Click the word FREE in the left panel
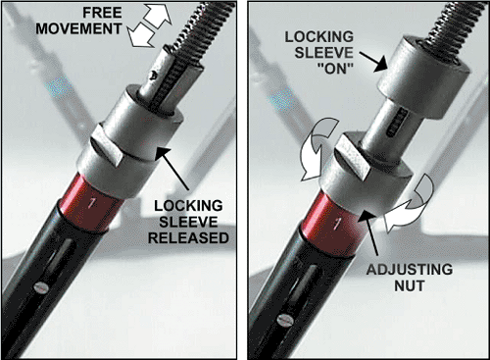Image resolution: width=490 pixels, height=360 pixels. [102, 13]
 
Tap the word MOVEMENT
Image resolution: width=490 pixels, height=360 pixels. [78, 28]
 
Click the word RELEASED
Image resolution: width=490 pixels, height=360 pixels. [188, 237]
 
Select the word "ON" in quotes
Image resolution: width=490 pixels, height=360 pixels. [335, 68]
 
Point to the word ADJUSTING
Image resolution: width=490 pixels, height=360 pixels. [410, 270]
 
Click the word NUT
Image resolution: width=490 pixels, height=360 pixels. [409, 286]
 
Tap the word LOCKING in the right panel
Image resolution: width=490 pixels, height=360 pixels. [319, 37]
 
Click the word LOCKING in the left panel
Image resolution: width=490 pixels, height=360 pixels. [188, 206]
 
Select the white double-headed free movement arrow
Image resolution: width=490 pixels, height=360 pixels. [149, 26]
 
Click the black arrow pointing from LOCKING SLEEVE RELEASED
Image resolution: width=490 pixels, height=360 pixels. [172, 168]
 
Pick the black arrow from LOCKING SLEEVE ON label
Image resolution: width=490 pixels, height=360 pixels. [373, 61]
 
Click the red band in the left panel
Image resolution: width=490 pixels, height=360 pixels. [91, 203]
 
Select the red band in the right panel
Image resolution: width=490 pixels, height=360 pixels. [333, 224]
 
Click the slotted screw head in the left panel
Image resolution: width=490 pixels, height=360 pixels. [41, 287]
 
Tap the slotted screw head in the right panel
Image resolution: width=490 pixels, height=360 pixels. [284, 320]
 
